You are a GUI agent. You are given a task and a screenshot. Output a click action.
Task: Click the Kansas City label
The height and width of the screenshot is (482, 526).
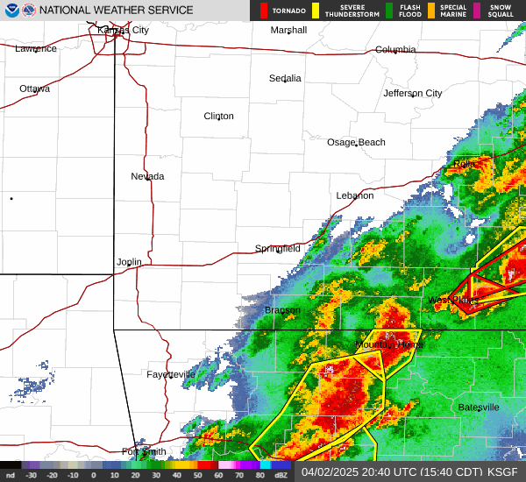pos(123,30)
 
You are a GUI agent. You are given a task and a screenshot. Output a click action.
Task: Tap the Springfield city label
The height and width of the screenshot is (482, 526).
pos(278,249)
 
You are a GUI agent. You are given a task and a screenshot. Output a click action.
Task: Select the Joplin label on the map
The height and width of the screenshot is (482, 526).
pos(129,262)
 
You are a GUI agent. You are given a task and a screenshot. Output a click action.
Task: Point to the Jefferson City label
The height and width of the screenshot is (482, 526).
pos(413,93)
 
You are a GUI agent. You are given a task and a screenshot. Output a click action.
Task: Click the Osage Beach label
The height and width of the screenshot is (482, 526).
pos(356,143)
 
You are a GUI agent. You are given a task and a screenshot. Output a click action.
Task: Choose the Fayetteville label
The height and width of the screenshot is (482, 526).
pos(171,374)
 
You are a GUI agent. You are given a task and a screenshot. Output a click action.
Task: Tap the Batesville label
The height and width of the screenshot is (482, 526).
pos(479,408)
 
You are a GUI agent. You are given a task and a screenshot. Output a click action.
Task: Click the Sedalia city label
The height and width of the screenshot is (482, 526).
pos(285,78)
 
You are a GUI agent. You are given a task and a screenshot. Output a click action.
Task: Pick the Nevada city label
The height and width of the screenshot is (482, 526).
pos(147,176)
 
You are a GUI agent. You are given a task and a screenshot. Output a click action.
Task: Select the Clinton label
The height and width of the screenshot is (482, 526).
pos(219,117)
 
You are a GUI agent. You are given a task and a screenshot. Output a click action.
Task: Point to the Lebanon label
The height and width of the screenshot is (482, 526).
pos(355,195)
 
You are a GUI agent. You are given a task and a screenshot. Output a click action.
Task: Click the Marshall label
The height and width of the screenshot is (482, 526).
pos(288,30)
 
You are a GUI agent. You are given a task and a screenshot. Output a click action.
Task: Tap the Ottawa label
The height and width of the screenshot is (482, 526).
pos(35,89)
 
